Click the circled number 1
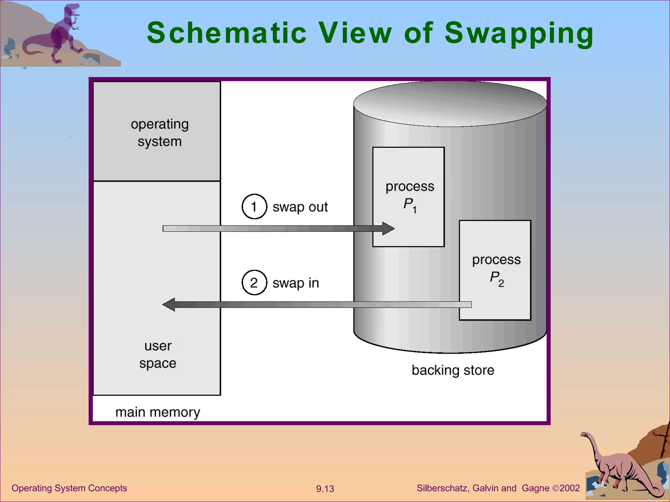click(254, 207)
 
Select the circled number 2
click(254, 283)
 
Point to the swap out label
click(300, 207)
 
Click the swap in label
click(296, 283)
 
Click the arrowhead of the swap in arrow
click(169, 305)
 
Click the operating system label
click(160, 133)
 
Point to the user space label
click(158, 354)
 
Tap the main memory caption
click(158, 412)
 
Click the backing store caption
click(453, 370)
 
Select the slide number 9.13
click(325, 489)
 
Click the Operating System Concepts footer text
click(69, 488)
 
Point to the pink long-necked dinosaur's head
click(584, 435)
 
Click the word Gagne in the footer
click(536, 488)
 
